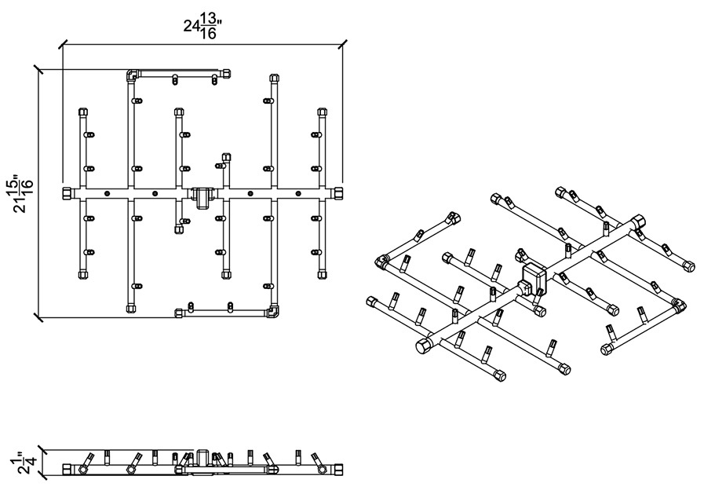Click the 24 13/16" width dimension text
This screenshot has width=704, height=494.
click(203, 27)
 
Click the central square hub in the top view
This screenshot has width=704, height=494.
click(203, 196)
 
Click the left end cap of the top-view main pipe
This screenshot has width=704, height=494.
click(67, 193)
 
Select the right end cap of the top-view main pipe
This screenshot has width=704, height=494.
click(338, 193)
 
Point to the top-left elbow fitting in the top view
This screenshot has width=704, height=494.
click(132, 75)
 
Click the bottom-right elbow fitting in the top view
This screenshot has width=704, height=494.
click(273, 311)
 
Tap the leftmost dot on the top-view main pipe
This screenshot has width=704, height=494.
click(107, 193)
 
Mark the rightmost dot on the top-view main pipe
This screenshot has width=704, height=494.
click(297, 193)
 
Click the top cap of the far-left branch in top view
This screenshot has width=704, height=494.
click(83, 112)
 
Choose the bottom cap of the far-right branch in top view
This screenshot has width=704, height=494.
click(322, 275)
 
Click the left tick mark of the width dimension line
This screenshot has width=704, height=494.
click(63, 44)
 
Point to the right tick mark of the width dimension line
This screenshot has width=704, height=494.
click(342, 44)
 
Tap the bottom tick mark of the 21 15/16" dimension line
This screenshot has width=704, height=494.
click(38, 317)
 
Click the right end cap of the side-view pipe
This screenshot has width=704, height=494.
click(338, 470)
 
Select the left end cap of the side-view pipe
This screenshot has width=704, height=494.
click(67, 470)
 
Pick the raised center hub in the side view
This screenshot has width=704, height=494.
click(203, 457)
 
